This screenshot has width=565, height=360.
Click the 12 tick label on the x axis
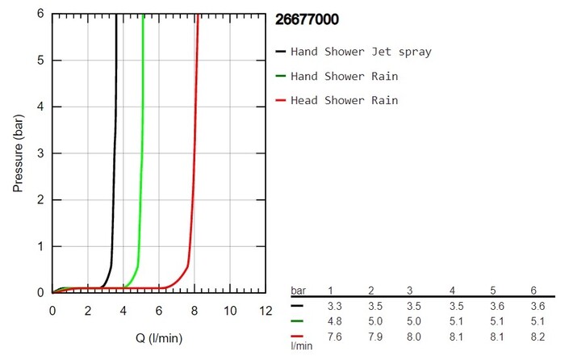pyautogui.click(x=264, y=310)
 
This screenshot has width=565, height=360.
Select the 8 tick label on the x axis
pyautogui.click(x=194, y=310)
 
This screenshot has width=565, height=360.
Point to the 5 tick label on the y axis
pyautogui.click(x=39, y=61)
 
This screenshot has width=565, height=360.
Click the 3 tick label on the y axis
pyautogui.click(x=39, y=153)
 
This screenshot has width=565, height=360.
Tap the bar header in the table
pyautogui.click(x=299, y=291)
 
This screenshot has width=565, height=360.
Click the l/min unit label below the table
pyautogui.click(x=300, y=345)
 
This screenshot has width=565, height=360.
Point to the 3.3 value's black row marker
pyautogui.click(x=299, y=307)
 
